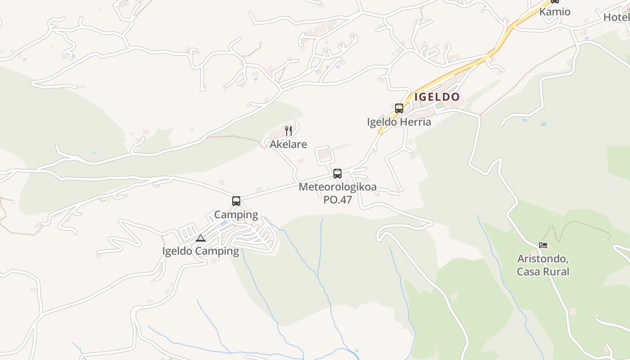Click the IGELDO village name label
click(437, 97)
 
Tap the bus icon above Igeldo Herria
click(399, 108)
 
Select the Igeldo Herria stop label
click(399, 122)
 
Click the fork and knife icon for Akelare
click(288, 131)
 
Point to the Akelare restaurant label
click(288, 144)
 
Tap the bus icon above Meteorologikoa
click(337, 174)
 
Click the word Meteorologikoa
click(337, 187)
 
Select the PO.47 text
click(337, 199)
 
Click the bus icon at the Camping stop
click(236, 201)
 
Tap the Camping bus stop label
click(236, 215)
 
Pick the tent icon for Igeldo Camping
click(201, 238)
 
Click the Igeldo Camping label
click(201, 251)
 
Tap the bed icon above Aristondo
click(543, 245)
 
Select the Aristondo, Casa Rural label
click(543, 265)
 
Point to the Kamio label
click(555, 12)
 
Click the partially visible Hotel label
click(616, 17)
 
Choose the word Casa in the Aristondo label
click(528, 271)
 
